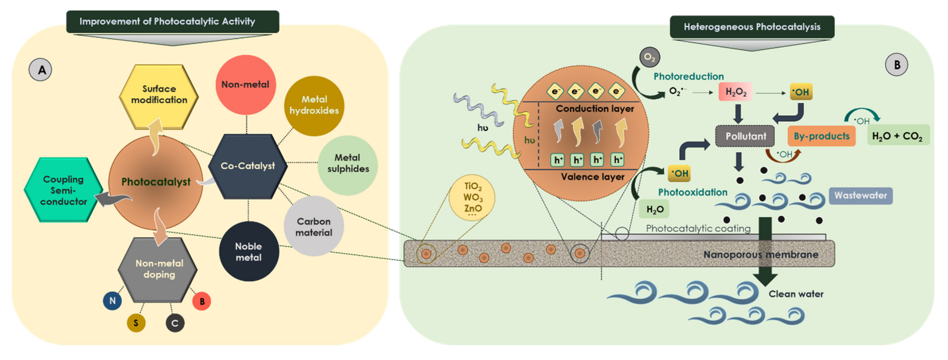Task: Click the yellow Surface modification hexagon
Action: click(159, 96)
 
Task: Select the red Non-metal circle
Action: click(245, 85)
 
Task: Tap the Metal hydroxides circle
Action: click(314, 105)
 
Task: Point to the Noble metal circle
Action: click(249, 252)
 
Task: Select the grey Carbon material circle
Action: click(314, 227)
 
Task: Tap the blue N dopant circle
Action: click(112, 301)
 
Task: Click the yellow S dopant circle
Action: click(136, 323)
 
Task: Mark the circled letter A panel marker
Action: click(41, 70)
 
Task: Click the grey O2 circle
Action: click(650, 57)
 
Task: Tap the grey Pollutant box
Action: click(745, 136)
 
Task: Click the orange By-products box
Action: click(821, 136)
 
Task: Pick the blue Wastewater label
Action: click(861, 195)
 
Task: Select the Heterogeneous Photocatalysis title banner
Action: click(752, 27)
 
